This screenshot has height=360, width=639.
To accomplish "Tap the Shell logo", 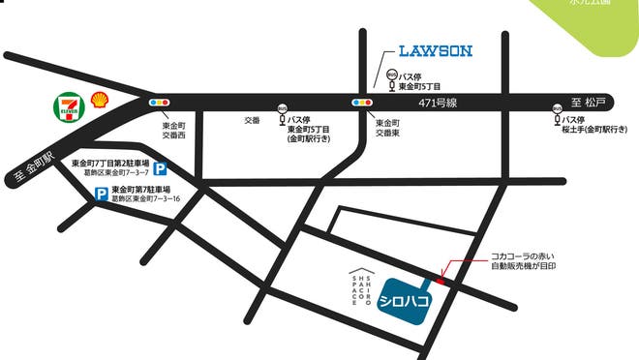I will pyautogui.click(x=99, y=100).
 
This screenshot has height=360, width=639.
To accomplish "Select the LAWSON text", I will pyautogui.click(x=436, y=50).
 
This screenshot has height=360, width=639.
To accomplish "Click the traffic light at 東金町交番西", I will pyautogui.click(x=159, y=101).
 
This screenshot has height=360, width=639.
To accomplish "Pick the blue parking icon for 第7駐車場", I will pyautogui.click(x=101, y=195).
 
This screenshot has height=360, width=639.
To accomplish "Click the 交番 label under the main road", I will pyautogui.click(x=252, y=121).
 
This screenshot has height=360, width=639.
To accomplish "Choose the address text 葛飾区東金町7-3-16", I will pyautogui.click(x=146, y=198).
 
